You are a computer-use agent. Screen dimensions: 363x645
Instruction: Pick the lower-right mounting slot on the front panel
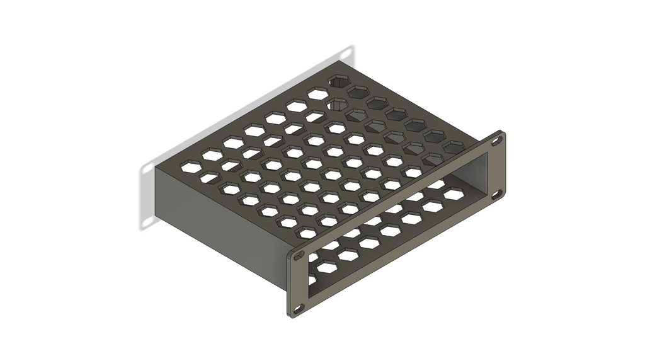[x=497, y=194]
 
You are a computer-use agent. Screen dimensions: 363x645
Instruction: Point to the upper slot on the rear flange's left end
[x=147, y=170]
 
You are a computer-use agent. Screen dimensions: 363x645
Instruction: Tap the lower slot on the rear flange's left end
[x=147, y=222]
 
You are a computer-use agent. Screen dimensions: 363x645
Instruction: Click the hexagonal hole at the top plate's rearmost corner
[x=340, y=81]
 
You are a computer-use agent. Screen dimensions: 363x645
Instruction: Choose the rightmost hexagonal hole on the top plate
[x=453, y=147]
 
